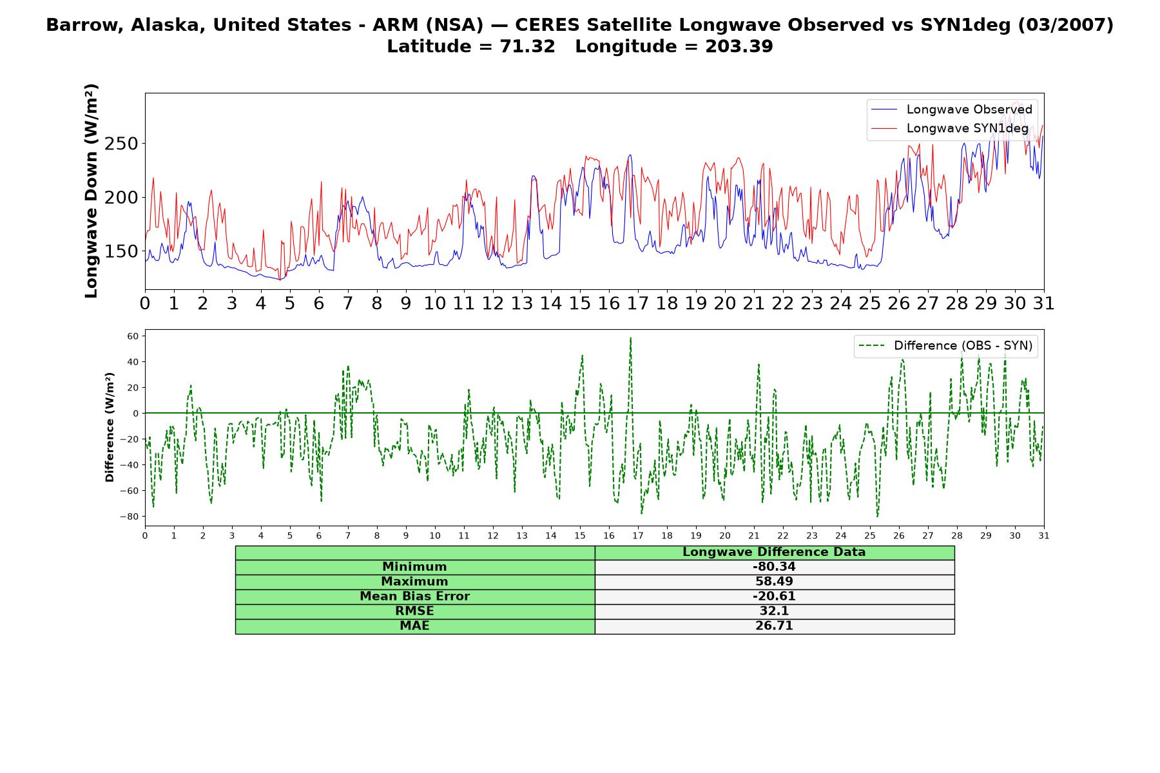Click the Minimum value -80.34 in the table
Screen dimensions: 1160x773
point(774,567)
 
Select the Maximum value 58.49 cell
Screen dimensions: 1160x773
point(774,582)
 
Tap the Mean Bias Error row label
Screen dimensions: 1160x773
point(414,596)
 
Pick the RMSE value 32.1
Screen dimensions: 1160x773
point(774,611)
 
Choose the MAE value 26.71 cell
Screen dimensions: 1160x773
point(774,626)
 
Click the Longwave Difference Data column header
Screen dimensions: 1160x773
point(774,552)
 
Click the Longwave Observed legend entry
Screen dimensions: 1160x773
point(952,110)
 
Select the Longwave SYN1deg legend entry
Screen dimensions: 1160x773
point(950,128)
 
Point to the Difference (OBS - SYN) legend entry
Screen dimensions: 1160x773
point(945,346)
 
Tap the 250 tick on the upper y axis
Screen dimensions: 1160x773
point(121,144)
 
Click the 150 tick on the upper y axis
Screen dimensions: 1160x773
point(121,251)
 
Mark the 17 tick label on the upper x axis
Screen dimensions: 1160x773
point(637,303)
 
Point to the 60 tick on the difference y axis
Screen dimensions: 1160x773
point(133,336)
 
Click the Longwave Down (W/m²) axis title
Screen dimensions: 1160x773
point(92,191)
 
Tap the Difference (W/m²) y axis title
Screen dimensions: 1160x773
point(110,427)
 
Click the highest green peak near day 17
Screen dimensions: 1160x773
point(630,338)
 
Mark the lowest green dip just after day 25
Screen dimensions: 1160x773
point(877,516)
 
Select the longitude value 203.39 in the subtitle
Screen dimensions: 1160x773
point(739,46)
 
